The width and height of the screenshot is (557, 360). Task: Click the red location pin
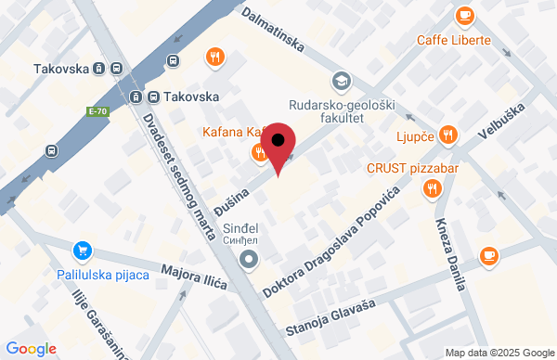click(x=278, y=147)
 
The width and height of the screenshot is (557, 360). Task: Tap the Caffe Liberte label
click(x=453, y=41)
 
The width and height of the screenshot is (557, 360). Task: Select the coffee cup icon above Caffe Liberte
click(x=464, y=16)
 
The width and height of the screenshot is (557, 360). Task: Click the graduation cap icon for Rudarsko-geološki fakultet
click(x=341, y=82)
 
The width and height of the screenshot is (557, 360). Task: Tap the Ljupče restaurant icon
click(x=447, y=135)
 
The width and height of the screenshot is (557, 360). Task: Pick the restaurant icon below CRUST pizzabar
click(x=432, y=189)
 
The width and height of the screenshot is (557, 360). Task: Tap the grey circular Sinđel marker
click(x=247, y=261)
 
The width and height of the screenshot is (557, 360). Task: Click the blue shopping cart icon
click(x=84, y=251)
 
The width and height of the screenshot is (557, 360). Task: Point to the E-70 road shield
click(x=97, y=111)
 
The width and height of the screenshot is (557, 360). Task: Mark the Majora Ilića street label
click(x=194, y=276)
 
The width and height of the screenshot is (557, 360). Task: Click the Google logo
click(x=31, y=349)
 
